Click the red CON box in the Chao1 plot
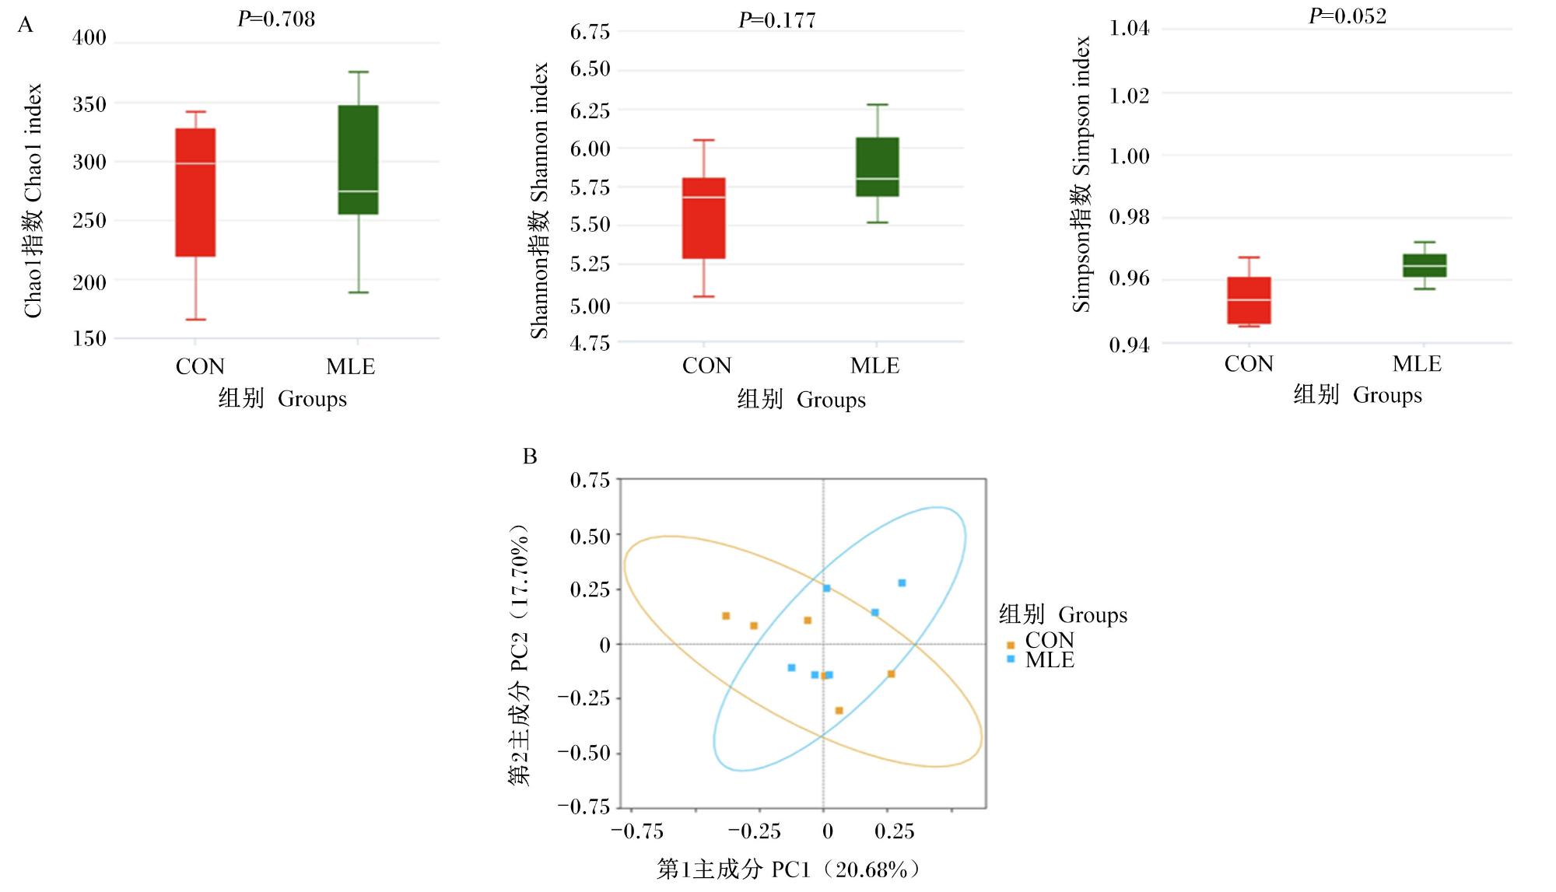[195, 192]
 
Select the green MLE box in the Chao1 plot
[358, 159]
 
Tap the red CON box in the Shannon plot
[703, 218]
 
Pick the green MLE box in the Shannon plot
[878, 166]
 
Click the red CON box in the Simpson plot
[1249, 300]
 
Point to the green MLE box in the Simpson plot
[1425, 265]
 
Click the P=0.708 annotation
[276, 19]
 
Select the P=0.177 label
[777, 20]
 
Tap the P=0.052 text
[1347, 16]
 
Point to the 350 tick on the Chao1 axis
[89, 104]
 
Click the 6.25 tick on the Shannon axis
[591, 110]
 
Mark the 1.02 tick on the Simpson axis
[1130, 95]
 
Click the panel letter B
[530, 456]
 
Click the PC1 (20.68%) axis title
[789, 869]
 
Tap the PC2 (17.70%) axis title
[519, 655]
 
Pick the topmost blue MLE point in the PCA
[902, 582]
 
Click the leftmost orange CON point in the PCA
[726, 616]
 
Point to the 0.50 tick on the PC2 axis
[591, 537]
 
